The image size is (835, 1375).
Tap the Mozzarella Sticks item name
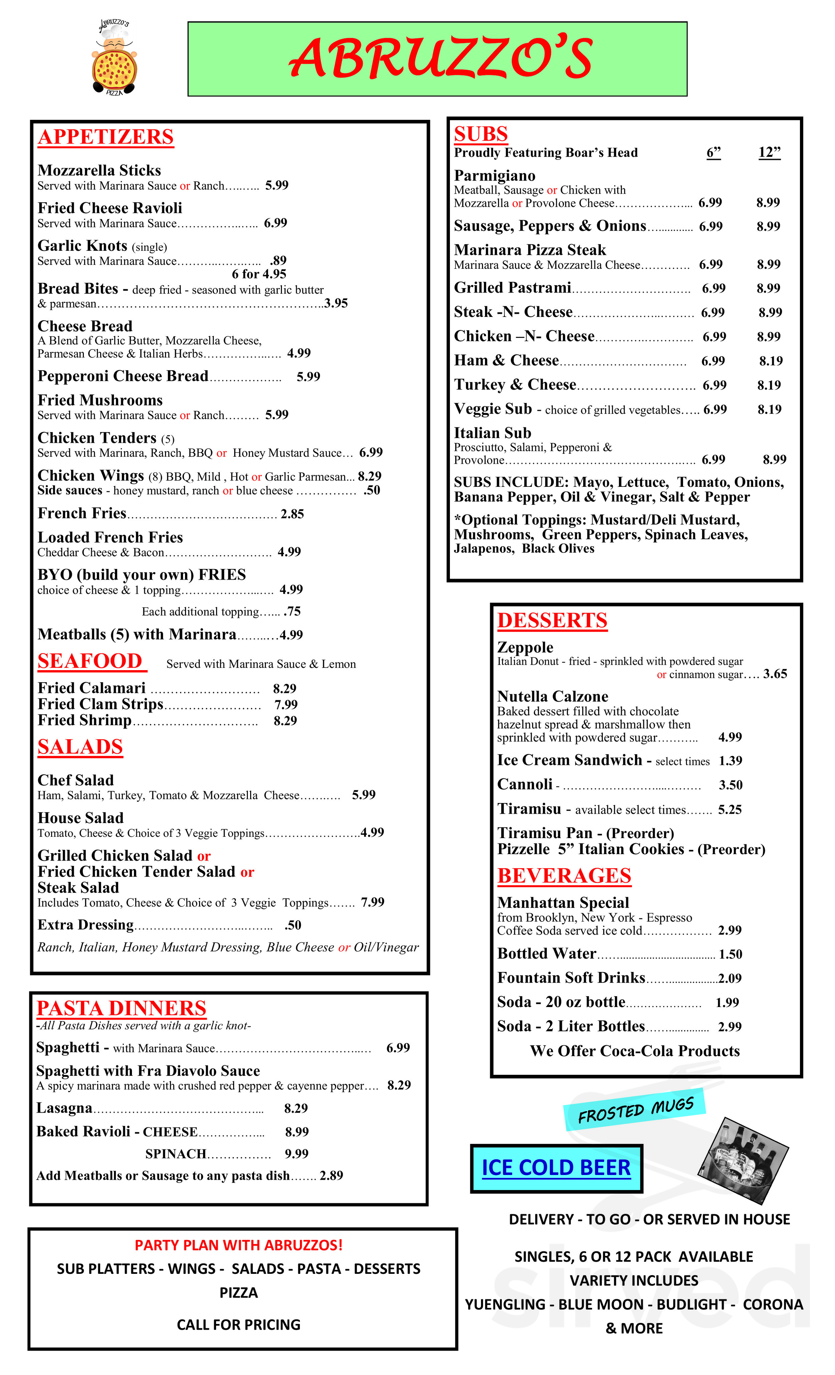(x=99, y=170)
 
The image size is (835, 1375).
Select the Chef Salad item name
(x=75, y=780)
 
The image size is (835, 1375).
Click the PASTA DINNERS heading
(x=121, y=1008)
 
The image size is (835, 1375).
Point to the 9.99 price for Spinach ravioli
(x=296, y=1154)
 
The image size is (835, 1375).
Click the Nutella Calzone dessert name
(x=552, y=697)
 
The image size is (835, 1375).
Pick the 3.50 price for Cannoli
(x=730, y=785)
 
